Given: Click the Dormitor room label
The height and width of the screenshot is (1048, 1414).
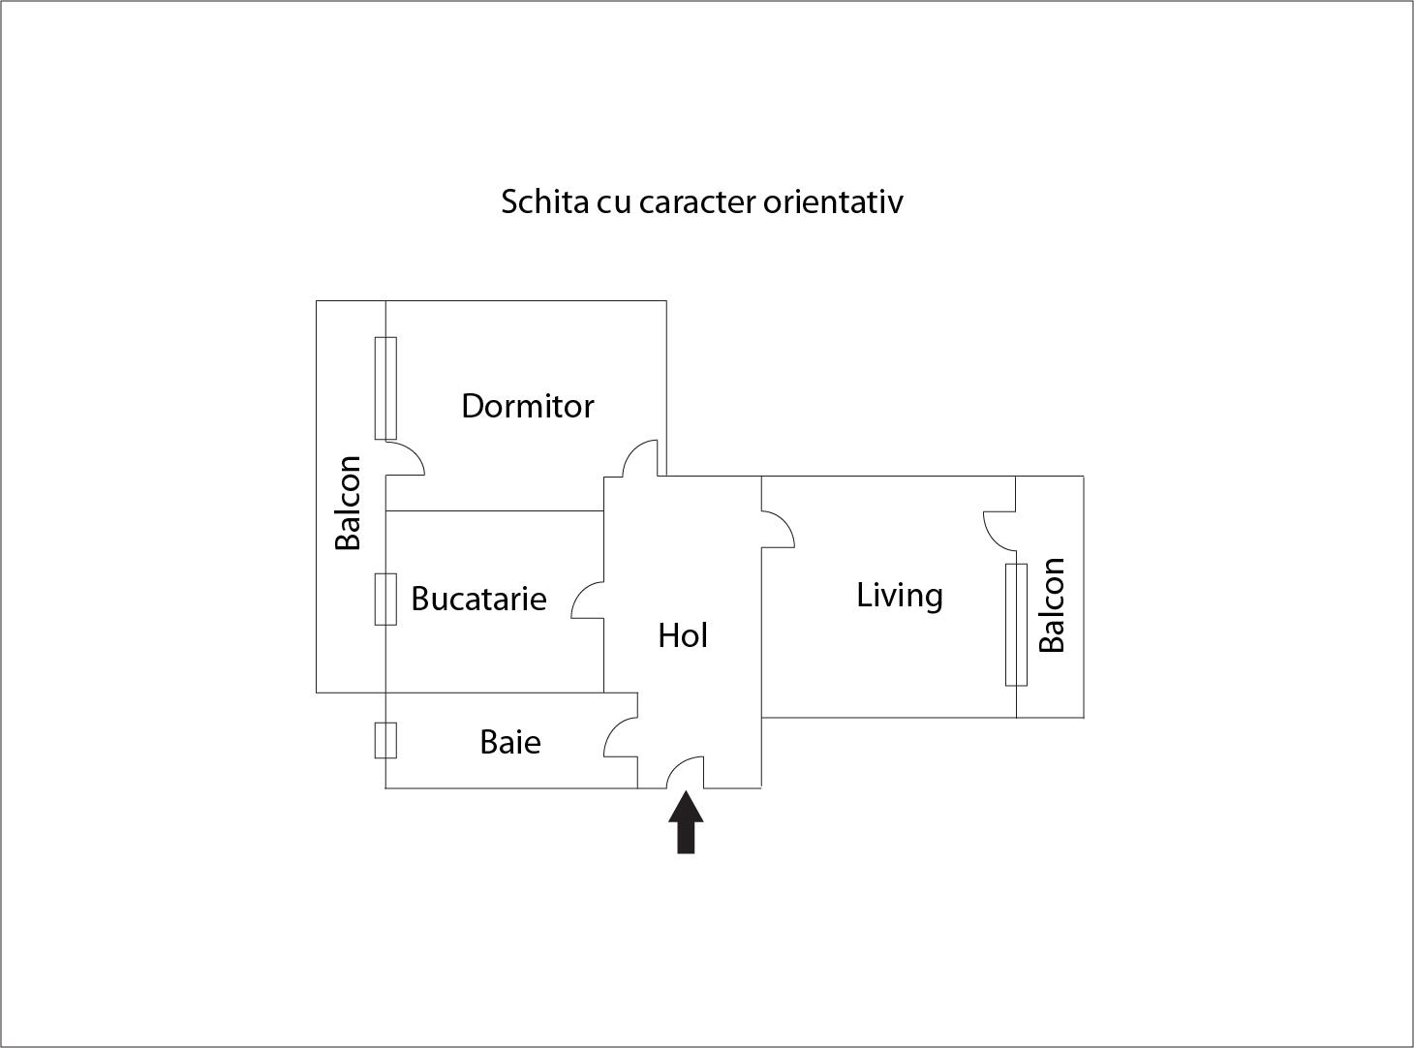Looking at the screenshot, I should (x=527, y=406).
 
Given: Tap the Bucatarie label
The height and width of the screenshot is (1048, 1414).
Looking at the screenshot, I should (x=478, y=599).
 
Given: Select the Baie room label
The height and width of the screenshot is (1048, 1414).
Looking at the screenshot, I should (x=510, y=742).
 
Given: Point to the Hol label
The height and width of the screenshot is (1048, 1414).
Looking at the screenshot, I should (x=683, y=635).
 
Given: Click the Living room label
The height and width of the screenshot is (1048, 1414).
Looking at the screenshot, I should (x=900, y=595).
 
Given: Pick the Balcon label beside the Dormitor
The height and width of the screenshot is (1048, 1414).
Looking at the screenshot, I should (x=348, y=503).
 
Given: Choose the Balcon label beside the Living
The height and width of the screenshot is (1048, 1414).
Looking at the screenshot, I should (x=1052, y=605).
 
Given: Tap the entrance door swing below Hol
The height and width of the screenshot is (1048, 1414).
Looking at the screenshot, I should (x=686, y=772).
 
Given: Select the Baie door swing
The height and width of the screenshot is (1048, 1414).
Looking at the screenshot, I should (x=621, y=737).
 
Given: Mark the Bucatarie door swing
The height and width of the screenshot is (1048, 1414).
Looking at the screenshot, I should (x=588, y=600).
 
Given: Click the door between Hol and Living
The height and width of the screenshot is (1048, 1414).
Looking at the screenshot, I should (x=777, y=529).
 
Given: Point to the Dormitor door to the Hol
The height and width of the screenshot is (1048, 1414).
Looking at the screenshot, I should (x=641, y=459).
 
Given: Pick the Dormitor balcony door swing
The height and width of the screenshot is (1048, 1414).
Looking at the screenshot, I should (x=405, y=458).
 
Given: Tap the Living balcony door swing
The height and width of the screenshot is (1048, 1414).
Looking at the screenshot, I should (x=999, y=529).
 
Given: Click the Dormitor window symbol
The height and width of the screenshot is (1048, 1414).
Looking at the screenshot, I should (x=385, y=387).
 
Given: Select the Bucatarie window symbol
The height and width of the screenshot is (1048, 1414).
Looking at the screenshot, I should (x=385, y=599).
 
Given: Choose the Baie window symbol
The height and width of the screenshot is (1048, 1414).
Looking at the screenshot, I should (x=385, y=740).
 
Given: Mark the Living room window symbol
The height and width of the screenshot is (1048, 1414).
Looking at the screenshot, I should (x=1016, y=625).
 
